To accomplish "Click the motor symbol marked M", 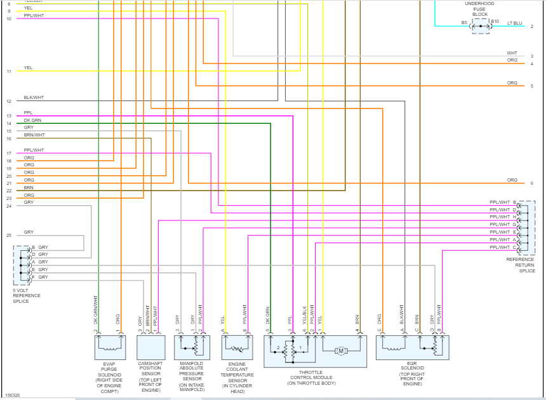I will (340, 351).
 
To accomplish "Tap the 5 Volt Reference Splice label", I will (27, 296).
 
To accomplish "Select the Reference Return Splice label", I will (520, 265).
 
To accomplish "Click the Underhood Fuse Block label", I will (480, 9).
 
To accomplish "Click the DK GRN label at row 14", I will (32, 120).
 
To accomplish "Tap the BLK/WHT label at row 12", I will (34, 98).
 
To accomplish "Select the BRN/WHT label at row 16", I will (34, 135).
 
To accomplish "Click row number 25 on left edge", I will (9, 236).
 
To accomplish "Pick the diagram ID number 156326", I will (12, 395).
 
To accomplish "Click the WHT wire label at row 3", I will (512, 53).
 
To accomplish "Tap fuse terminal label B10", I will (495, 22).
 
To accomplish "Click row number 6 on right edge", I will (531, 183).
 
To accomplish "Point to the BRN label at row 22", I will (29, 188).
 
